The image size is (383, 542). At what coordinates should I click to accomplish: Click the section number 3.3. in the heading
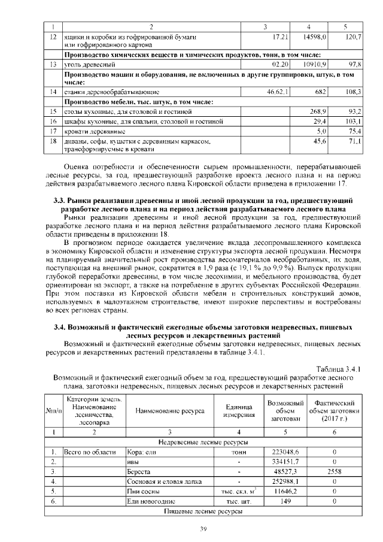(x=62, y=200)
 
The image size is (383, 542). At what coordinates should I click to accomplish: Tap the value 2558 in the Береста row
(x=335, y=472)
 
